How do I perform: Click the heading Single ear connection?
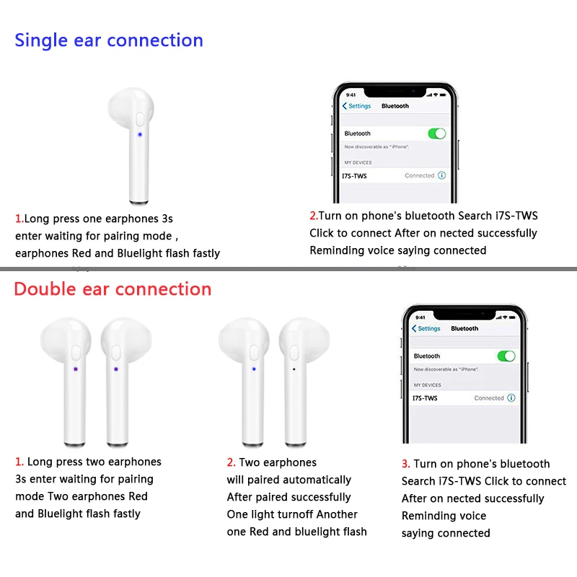click(109, 40)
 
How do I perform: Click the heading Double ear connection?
click(113, 289)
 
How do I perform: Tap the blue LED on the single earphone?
click(139, 134)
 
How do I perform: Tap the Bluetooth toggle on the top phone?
click(436, 133)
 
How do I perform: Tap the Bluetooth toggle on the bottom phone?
click(506, 356)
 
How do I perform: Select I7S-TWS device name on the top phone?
click(355, 175)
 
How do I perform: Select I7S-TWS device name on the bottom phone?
click(425, 398)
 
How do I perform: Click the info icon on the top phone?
click(441, 175)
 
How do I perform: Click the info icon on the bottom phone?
click(511, 398)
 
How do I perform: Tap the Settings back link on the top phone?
click(357, 106)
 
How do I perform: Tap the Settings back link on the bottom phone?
click(426, 329)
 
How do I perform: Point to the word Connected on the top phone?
click(420, 175)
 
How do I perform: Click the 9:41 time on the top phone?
click(351, 94)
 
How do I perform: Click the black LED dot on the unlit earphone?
click(294, 369)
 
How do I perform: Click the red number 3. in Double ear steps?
click(406, 464)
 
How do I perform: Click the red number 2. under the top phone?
click(314, 216)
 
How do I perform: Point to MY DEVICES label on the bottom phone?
click(428, 385)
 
